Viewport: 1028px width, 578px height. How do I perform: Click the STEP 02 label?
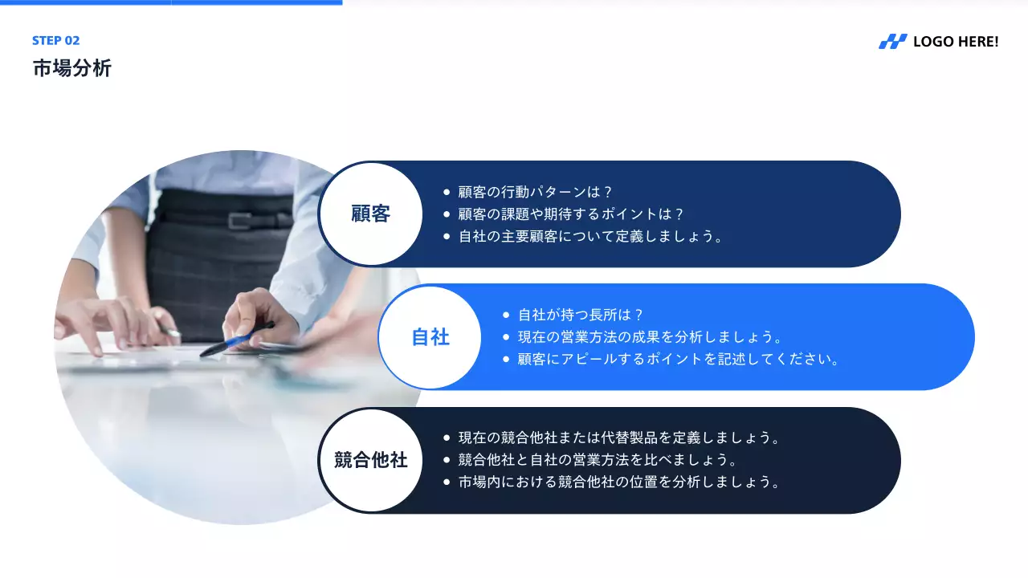pyautogui.click(x=56, y=41)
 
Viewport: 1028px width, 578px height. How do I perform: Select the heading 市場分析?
pyautogui.click(x=72, y=68)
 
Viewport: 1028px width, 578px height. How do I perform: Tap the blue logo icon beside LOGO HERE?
pyautogui.click(x=892, y=42)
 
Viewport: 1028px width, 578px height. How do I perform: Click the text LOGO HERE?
pyautogui.click(x=956, y=42)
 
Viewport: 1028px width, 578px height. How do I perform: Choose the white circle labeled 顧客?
pyautogui.click(x=370, y=214)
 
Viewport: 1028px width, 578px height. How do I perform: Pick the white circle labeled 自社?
pyautogui.click(x=430, y=337)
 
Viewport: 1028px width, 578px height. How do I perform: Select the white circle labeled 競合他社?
pyautogui.click(x=370, y=460)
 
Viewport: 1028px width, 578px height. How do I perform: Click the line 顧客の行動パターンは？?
pyautogui.click(x=536, y=193)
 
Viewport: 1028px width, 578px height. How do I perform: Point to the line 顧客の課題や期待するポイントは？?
pyautogui.click(x=571, y=214)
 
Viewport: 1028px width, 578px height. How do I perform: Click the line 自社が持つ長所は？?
pyautogui.click(x=581, y=315)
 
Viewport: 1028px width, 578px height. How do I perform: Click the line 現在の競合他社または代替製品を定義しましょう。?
pyautogui.click(x=620, y=438)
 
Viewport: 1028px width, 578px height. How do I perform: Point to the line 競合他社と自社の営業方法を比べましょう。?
pyautogui.click(x=598, y=460)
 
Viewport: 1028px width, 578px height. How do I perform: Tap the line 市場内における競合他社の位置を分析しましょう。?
pyautogui.click(x=620, y=482)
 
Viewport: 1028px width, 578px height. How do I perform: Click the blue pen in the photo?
pyautogui.click(x=237, y=340)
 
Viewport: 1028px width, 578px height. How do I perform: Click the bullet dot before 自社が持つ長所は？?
pyautogui.click(x=506, y=315)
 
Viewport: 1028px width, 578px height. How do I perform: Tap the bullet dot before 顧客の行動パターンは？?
pyautogui.click(x=447, y=193)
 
